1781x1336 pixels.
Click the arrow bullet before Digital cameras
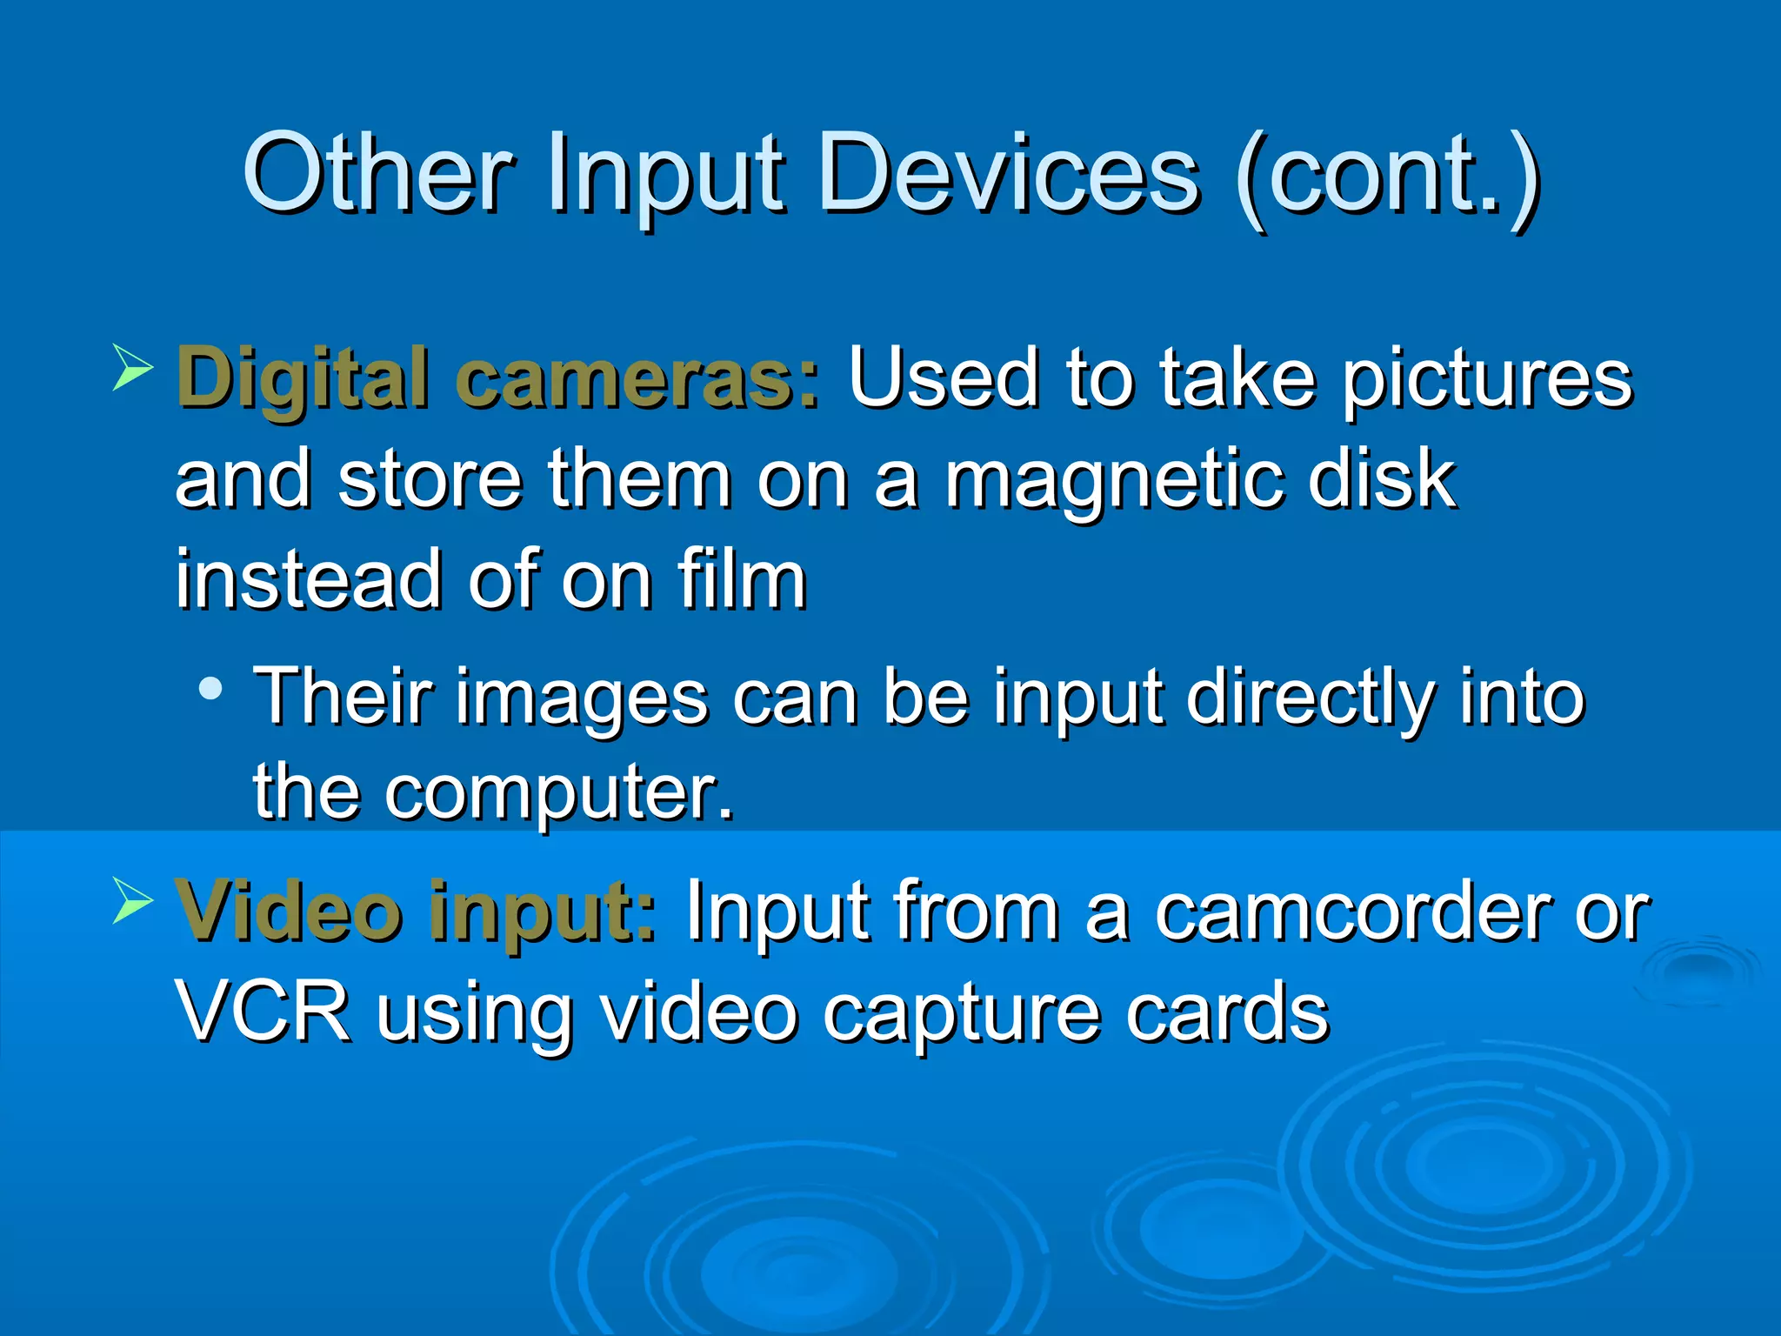tap(133, 369)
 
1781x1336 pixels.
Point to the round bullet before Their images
tap(210, 690)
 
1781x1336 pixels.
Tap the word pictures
tap(1487, 379)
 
